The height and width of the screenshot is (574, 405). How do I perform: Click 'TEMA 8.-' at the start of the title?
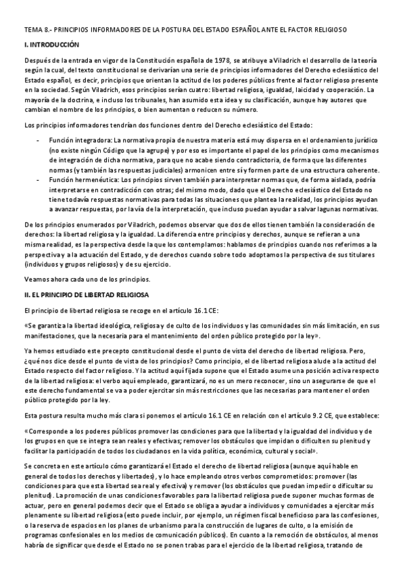33,30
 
